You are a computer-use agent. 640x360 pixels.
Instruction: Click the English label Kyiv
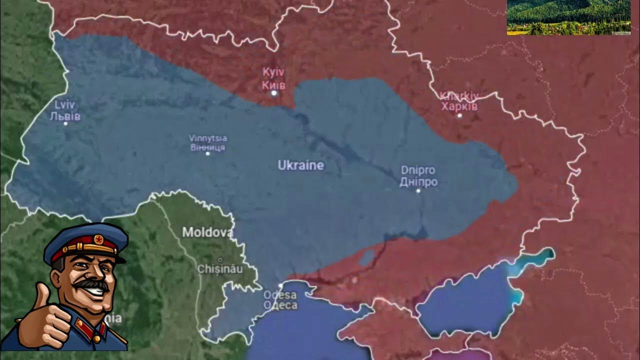[273, 72]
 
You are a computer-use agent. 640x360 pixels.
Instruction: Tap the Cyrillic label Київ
[273, 85]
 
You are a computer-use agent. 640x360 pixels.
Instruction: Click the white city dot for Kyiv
[273, 93]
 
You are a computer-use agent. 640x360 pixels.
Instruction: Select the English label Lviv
[65, 105]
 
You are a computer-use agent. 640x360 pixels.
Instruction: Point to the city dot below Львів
[65, 123]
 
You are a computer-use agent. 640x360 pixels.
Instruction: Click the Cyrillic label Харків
[459, 106]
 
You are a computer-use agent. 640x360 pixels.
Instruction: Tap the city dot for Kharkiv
[459, 115]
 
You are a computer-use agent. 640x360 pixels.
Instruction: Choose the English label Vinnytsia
[208, 138]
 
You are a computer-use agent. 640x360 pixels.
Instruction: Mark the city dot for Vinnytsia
[208, 153]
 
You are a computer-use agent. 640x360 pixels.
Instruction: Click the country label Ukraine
[301, 165]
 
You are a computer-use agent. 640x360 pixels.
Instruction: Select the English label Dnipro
[418, 170]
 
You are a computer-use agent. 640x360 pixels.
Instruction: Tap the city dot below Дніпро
[418, 190]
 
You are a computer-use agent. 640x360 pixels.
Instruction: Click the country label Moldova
[207, 232]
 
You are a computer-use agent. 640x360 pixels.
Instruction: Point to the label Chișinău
[220, 269]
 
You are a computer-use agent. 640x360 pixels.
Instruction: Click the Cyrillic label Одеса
[280, 305]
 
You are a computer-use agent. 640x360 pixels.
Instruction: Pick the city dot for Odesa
[280, 286]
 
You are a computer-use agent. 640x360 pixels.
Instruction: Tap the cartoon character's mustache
[93, 284]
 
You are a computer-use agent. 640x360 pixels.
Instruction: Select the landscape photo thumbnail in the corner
[568, 17]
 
